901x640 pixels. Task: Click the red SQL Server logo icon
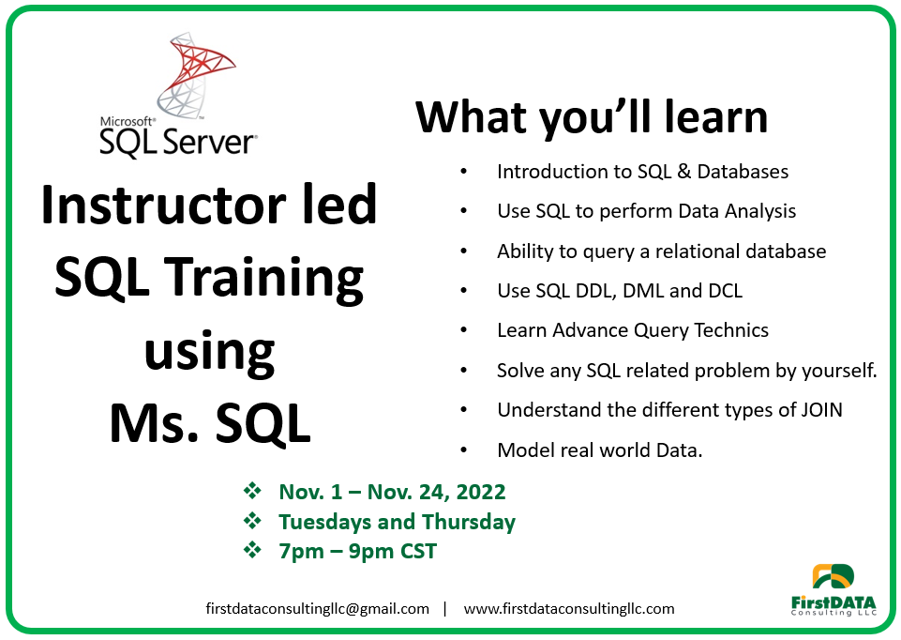pyautogui.click(x=195, y=75)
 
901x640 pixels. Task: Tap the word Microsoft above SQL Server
pyautogui.click(x=127, y=121)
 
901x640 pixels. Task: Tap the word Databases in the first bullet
pyautogui.click(x=743, y=172)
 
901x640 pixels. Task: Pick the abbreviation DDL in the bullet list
pyautogui.click(x=597, y=291)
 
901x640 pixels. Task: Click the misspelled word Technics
pyautogui.click(x=731, y=330)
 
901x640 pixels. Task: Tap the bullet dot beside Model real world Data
pyautogui.click(x=464, y=450)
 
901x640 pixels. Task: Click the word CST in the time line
pyautogui.click(x=418, y=552)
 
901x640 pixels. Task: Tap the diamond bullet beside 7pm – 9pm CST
pyautogui.click(x=252, y=550)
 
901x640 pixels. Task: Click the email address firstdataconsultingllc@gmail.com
pyautogui.click(x=317, y=609)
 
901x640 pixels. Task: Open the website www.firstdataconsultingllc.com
pyautogui.click(x=569, y=609)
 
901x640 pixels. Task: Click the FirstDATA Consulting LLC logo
pyautogui.click(x=833, y=590)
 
